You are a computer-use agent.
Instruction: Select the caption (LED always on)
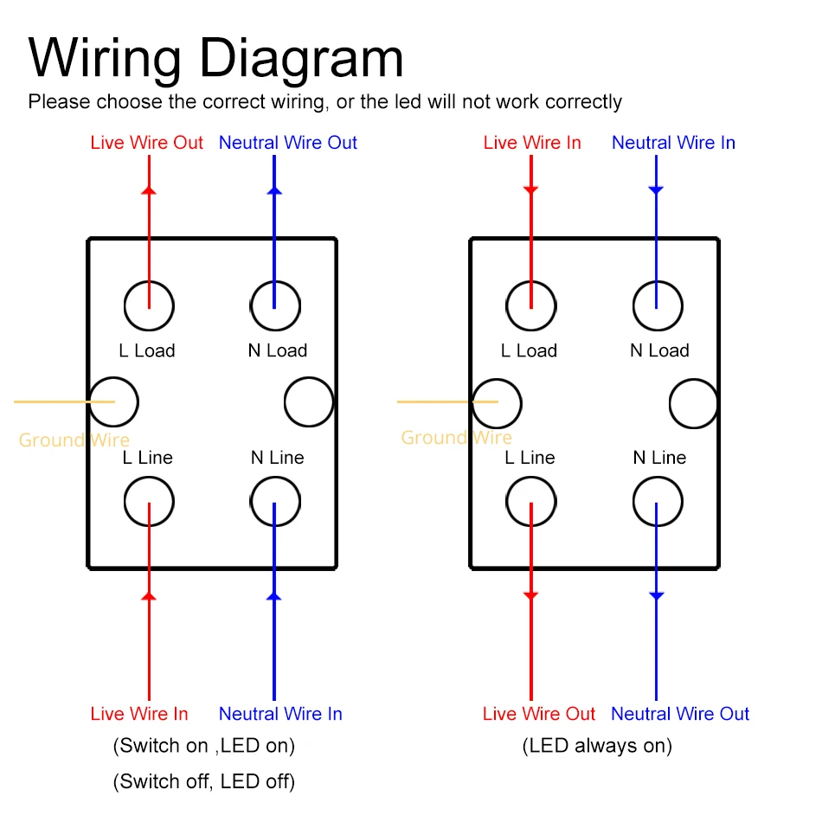coord(597,745)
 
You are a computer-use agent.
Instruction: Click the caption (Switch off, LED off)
coord(204,781)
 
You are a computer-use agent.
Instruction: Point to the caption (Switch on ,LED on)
coord(204,745)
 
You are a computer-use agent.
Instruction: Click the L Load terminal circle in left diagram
coord(149,305)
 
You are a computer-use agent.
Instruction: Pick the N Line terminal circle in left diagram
coord(275,501)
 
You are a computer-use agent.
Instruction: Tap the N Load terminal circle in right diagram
coord(658,305)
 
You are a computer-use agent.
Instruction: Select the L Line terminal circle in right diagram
coord(531,501)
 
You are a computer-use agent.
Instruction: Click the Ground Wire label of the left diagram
coord(74,440)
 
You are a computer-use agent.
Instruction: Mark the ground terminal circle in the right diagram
coord(498,402)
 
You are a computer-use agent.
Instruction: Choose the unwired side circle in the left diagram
coord(309,402)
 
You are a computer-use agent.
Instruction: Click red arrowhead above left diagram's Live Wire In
coord(149,596)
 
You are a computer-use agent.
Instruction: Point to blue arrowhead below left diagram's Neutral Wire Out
coord(275,189)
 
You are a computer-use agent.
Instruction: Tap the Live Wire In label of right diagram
coord(532,143)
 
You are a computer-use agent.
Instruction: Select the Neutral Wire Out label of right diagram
coord(680,714)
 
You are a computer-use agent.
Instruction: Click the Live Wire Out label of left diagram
coord(146,143)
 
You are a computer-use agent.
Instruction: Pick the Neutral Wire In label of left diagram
coord(280,714)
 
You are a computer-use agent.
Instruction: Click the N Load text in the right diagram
coord(659,350)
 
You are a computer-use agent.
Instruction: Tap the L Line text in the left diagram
coord(147,458)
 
